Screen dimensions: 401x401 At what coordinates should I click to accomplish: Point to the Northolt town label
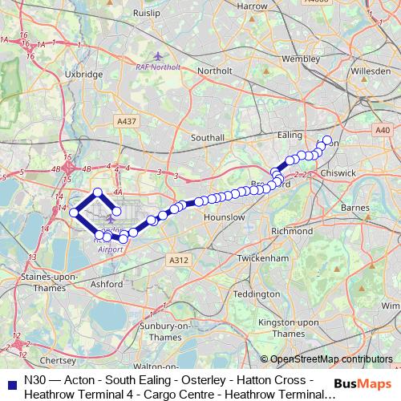[214, 70]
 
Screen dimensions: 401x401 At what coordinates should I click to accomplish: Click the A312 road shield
[178, 261]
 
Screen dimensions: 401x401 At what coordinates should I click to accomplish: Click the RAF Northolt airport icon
[158, 55]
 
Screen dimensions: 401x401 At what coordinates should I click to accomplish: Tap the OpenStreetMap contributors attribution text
[330, 359]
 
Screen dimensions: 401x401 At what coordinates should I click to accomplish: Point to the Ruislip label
[154, 13]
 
